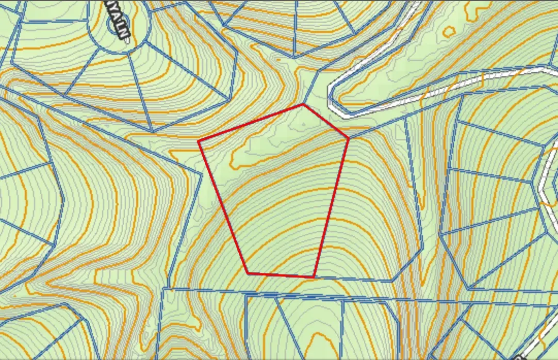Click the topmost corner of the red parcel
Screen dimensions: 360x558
point(303,105)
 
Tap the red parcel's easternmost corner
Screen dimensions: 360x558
point(349,138)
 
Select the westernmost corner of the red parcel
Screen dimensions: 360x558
point(199,141)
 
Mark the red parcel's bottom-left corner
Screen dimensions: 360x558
point(248,273)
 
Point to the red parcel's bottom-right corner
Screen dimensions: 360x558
point(314,277)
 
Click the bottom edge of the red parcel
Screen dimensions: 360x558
point(281,275)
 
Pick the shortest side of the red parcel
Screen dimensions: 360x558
point(326,121)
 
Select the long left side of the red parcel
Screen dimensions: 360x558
point(223,207)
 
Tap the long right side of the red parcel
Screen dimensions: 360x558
point(331,207)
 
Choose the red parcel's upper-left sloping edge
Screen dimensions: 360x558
point(251,123)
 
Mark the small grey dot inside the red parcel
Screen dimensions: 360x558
point(303,124)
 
